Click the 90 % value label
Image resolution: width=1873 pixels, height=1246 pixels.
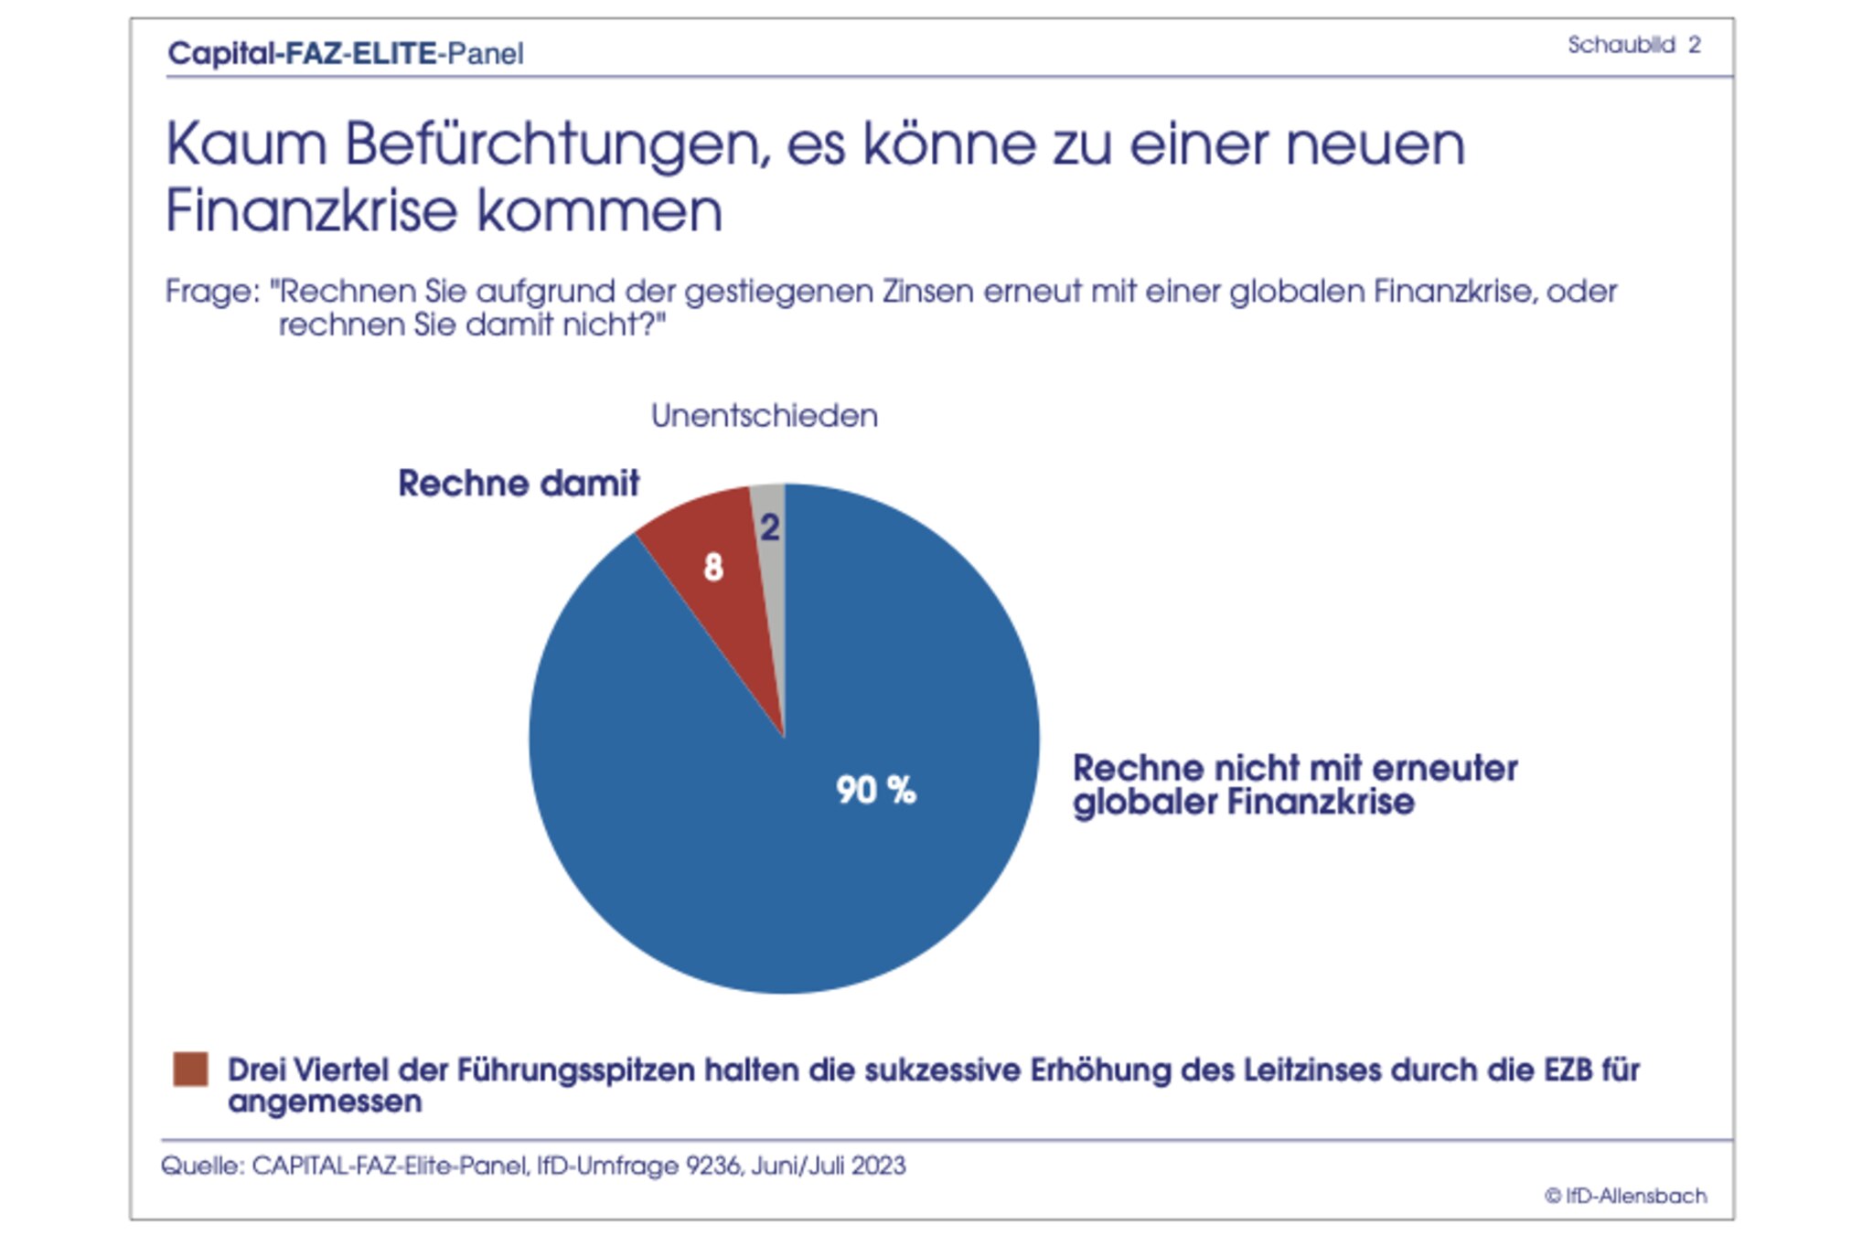click(x=875, y=790)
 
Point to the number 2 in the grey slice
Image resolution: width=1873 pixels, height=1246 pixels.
click(x=770, y=527)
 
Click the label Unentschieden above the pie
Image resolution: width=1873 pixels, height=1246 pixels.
click(x=764, y=416)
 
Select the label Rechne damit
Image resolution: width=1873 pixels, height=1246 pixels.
click(x=519, y=484)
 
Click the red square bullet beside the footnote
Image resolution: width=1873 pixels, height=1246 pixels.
click(x=190, y=1069)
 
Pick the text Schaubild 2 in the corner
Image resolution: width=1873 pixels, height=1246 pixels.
click(x=1633, y=45)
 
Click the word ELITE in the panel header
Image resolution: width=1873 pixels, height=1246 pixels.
click(x=394, y=53)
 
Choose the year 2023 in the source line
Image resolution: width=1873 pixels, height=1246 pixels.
click(x=878, y=1166)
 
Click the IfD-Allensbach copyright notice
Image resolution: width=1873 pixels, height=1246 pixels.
click(x=1625, y=1196)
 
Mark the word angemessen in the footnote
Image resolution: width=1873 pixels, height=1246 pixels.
click(x=325, y=1102)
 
